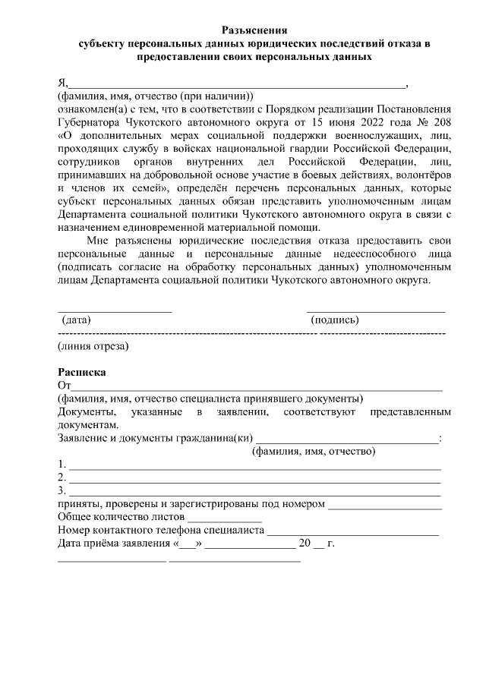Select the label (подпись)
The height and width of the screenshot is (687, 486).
pyautogui.click(x=335, y=320)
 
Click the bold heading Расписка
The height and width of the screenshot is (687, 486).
pyautogui.click(x=82, y=372)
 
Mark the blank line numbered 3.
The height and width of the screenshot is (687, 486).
pyautogui.click(x=254, y=494)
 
